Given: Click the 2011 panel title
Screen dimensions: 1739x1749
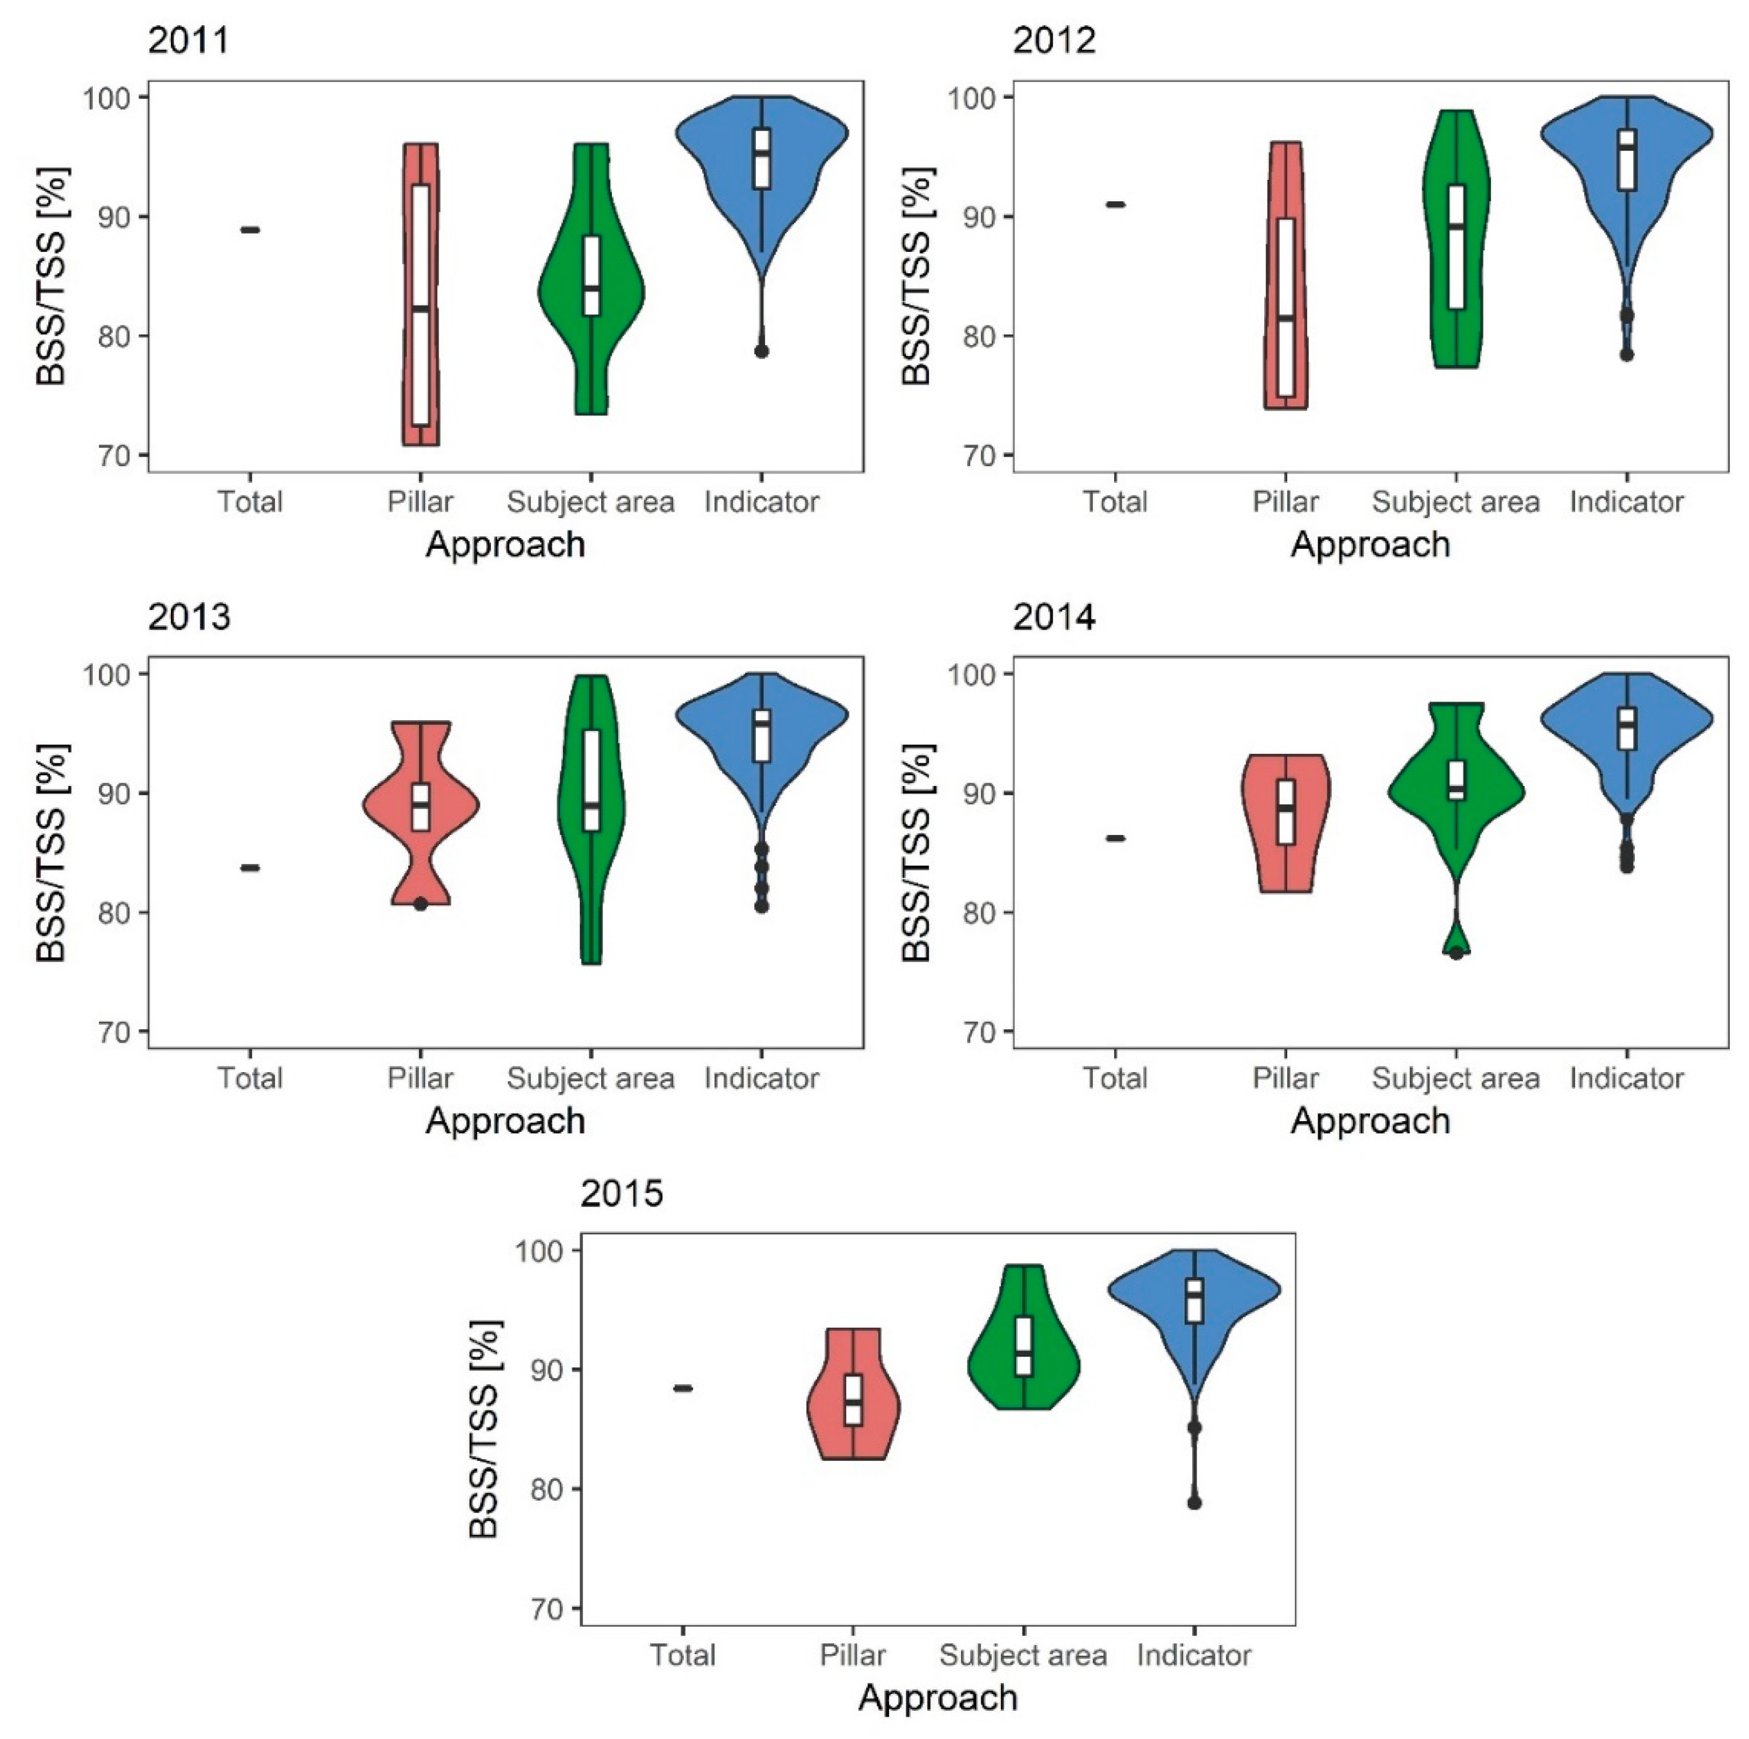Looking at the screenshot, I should click(x=188, y=40).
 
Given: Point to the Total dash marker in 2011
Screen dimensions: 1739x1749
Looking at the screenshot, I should click(x=250, y=230).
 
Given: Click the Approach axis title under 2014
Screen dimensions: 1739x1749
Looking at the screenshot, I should click(x=1370, y=1121).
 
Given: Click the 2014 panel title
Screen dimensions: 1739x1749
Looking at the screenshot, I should click(x=1054, y=617).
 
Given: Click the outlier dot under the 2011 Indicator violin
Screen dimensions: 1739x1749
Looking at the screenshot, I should click(x=761, y=351).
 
